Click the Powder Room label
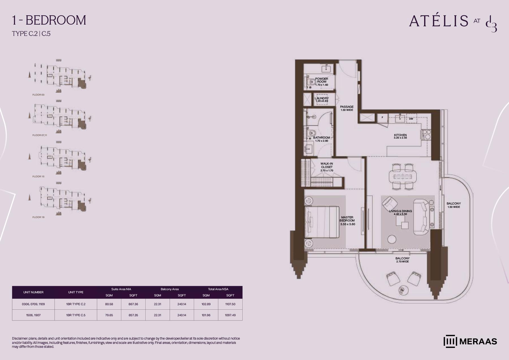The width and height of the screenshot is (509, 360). (x=322, y=82)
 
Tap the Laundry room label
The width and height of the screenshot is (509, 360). (x=322, y=100)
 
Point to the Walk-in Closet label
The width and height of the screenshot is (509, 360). (x=327, y=167)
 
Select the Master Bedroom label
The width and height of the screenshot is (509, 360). (x=347, y=221)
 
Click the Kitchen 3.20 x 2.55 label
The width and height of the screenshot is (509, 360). (x=400, y=136)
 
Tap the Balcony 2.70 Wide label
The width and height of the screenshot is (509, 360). (x=402, y=260)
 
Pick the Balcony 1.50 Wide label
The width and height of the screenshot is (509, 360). (x=454, y=205)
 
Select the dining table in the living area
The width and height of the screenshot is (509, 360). (x=402, y=177)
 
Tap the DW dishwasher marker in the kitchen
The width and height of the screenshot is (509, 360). (x=411, y=119)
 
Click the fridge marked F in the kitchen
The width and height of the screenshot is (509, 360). (x=382, y=118)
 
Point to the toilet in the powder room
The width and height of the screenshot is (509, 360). (x=311, y=82)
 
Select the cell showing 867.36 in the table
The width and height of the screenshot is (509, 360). (x=133, y=304)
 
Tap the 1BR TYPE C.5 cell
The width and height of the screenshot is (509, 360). (x=76, y=315)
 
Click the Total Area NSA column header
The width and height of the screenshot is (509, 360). (x=218, y=289)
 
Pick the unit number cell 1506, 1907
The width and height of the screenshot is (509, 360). (x=33, y=315)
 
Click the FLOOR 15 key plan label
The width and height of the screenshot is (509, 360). (x=38, y=176)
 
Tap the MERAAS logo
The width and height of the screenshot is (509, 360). (x=470, y=341)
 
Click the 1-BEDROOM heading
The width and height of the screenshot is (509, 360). (x=49, y=20)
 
